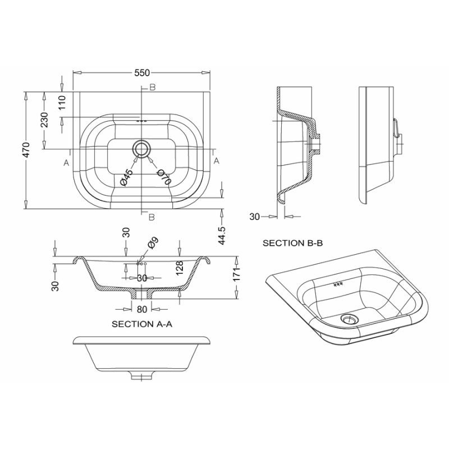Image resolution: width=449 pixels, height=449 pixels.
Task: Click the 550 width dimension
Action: tap(142, 73)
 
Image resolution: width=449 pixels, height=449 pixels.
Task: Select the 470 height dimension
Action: tap(26, 150)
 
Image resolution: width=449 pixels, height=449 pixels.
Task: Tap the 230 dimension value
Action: tap(44, 120)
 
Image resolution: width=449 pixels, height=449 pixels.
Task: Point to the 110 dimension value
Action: tap(62, 102)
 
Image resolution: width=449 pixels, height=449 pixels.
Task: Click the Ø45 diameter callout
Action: tap(127, 177)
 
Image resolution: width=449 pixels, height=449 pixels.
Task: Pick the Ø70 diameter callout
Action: tap(164, 177)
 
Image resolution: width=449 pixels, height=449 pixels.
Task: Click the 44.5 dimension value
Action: tap(222, 235)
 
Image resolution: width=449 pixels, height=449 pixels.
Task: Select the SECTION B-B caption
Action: tap(292, 243)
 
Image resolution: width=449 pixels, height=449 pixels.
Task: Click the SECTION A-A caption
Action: tap(142, 324)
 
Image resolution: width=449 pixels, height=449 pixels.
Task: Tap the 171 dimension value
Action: tap(236, 274)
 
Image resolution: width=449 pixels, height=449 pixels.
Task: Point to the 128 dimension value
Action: tap(180, 268)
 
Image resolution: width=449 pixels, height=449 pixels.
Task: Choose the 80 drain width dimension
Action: tap(142, 309)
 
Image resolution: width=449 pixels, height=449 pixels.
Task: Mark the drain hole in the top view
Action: tap(141, 149)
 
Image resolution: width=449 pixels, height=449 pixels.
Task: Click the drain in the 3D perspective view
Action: tap(349, 318)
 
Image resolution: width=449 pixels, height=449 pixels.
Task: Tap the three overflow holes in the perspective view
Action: tap(338, 285)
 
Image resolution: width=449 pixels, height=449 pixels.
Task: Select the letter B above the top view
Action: tap(152, 88)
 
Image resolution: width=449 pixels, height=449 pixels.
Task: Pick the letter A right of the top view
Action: tap(217, 161)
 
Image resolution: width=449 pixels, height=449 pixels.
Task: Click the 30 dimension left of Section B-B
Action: tap(254, 217)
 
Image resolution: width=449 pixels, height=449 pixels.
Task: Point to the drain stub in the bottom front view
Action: tap(141, 375)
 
